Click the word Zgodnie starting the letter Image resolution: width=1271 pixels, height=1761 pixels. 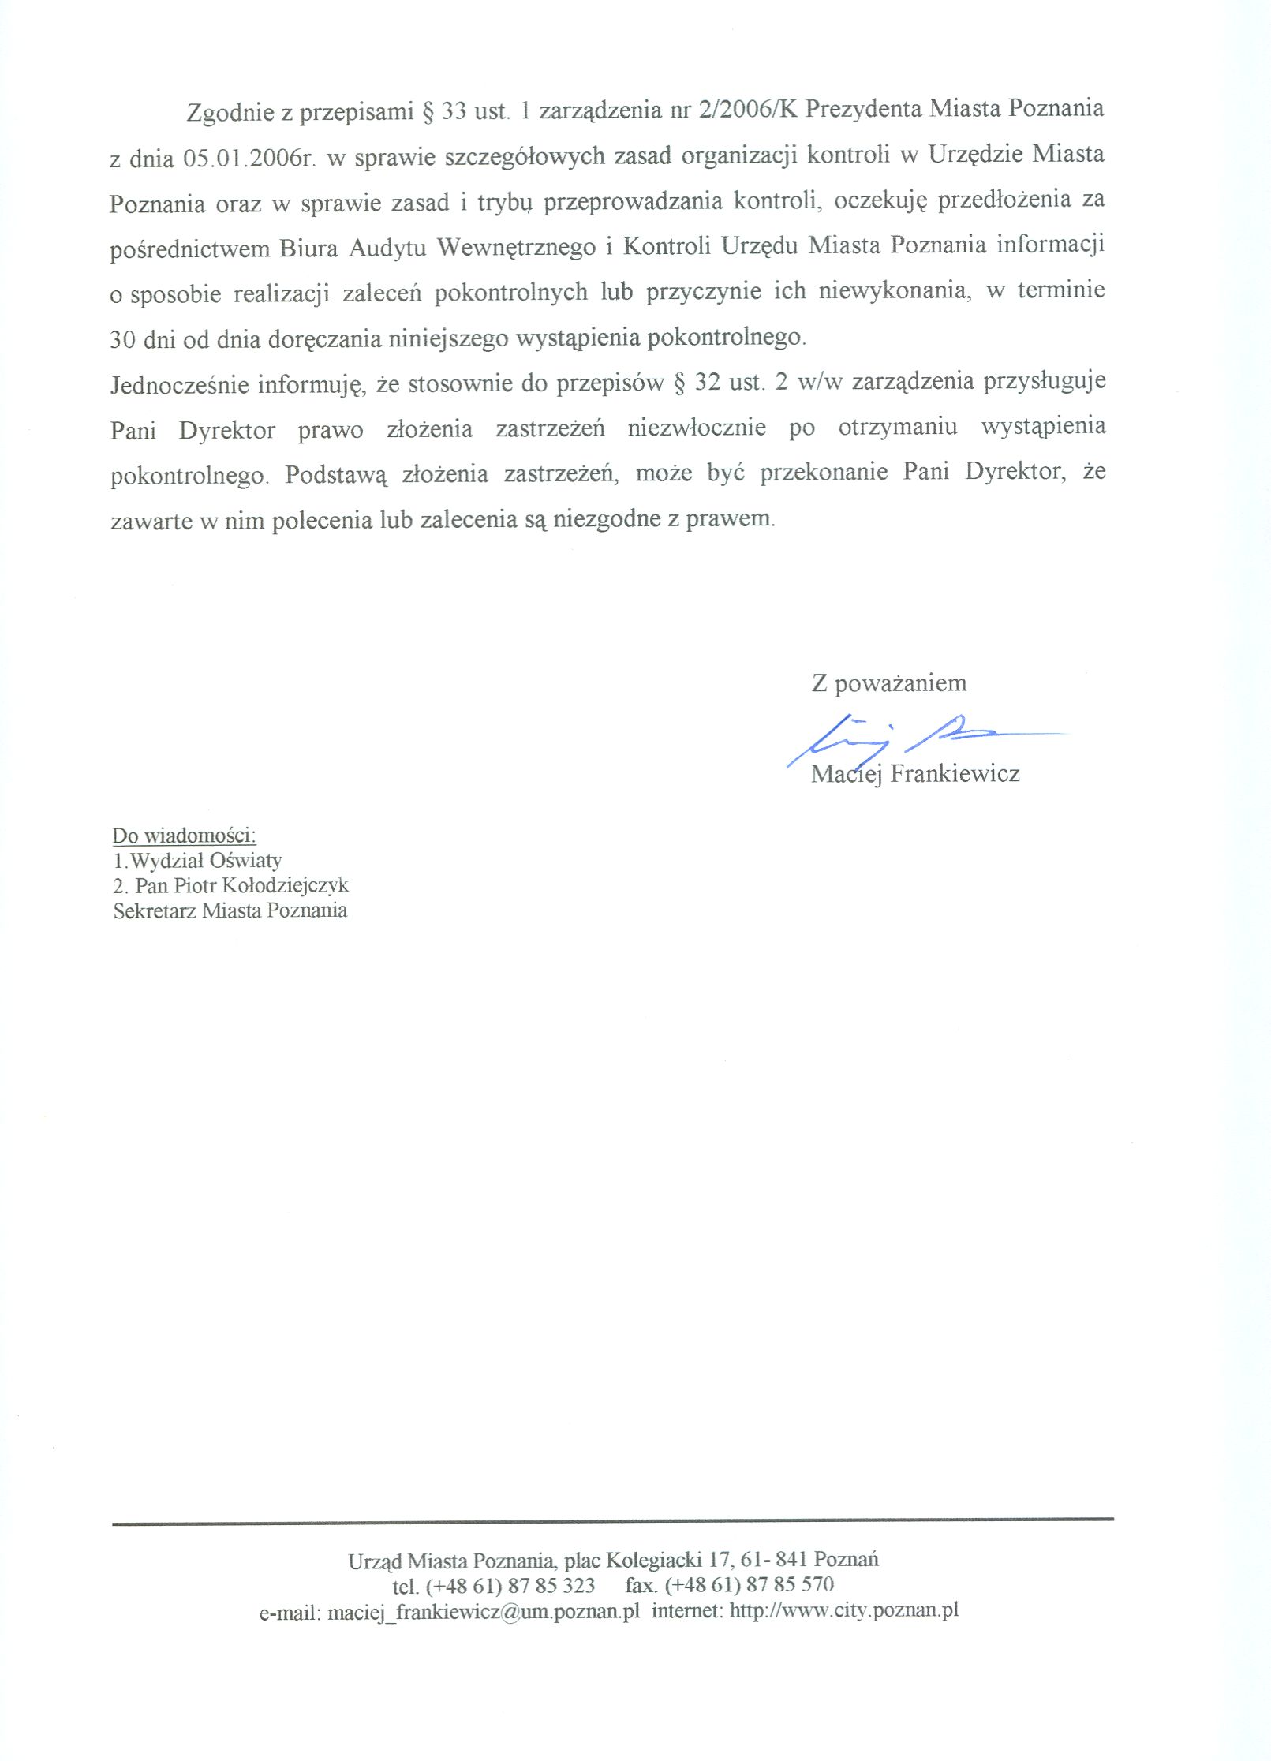[x=229, y=113]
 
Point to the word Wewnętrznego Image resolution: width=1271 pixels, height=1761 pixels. [x=517, y=248]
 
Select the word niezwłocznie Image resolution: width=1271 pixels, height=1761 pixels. [x=697, y=428]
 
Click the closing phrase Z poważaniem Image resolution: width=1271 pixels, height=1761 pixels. [x=888, y=683]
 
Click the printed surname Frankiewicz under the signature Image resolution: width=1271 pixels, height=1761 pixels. [x=955, y=773]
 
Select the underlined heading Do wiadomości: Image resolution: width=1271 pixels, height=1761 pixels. [x=184, y=836]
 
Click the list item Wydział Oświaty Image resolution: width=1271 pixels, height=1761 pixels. [x=205, y=860]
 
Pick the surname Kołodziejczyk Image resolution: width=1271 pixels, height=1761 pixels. [x=286, y=885]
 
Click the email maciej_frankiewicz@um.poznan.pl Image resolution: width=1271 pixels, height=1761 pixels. [x=483, y=1611]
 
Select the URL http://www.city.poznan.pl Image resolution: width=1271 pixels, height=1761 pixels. [x=843, y=1610]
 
